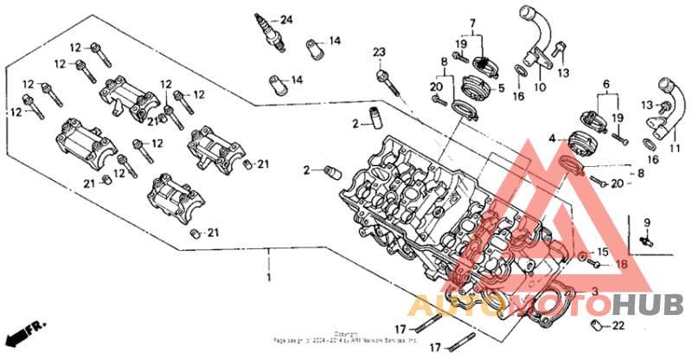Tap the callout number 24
pos(286,20)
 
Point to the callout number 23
pos(378,55)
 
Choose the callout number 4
pos(552,138)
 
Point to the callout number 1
pos(268,278)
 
